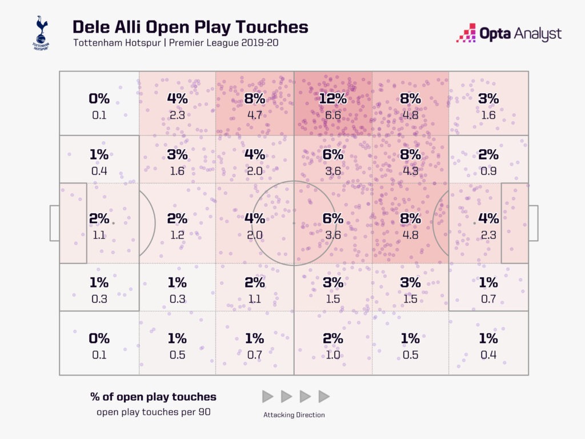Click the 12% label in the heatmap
[332, 98]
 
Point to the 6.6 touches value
[332, 115]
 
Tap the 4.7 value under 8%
[255, 115]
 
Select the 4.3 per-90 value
[410, 170]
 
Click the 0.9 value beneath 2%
[488, 170]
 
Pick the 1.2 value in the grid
[177, 235]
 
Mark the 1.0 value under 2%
[332, 354]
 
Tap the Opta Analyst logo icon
[466, 33]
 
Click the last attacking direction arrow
[324, 396]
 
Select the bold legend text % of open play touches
[153, 396]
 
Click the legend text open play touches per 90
[153, 412]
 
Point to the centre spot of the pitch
[294, 223]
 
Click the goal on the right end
[533, 223]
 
